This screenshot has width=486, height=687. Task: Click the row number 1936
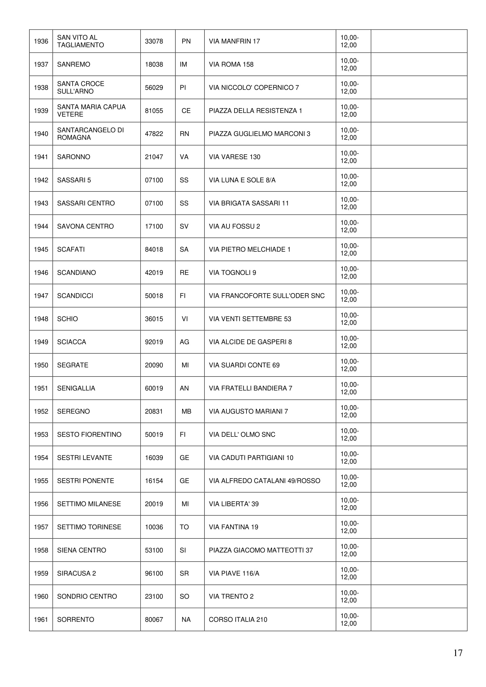coord(41,41)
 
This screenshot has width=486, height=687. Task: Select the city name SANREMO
coord(74,64)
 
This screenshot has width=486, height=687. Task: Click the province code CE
coord(186,111)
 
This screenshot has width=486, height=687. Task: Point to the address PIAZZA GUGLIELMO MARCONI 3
coord(259,134)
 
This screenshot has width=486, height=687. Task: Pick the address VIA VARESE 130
coord(234,157)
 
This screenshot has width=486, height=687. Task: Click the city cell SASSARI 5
coord(74,180)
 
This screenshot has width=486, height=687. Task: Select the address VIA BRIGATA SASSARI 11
coord(249,203)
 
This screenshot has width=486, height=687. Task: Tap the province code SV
coord(184,226)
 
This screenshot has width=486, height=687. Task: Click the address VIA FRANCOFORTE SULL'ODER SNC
coord(267,296)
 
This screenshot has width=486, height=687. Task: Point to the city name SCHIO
coord(67,319)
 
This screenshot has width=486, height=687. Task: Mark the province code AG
coord(184,342)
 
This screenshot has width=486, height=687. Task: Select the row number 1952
coord(41,411)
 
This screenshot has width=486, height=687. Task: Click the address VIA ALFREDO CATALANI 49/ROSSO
coord(264,481)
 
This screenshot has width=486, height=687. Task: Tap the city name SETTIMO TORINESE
coord(89,527)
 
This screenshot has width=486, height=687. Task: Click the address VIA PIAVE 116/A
coord(234,573)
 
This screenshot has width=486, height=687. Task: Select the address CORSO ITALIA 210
coord(238,619)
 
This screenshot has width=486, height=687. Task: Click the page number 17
coord(457,653)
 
